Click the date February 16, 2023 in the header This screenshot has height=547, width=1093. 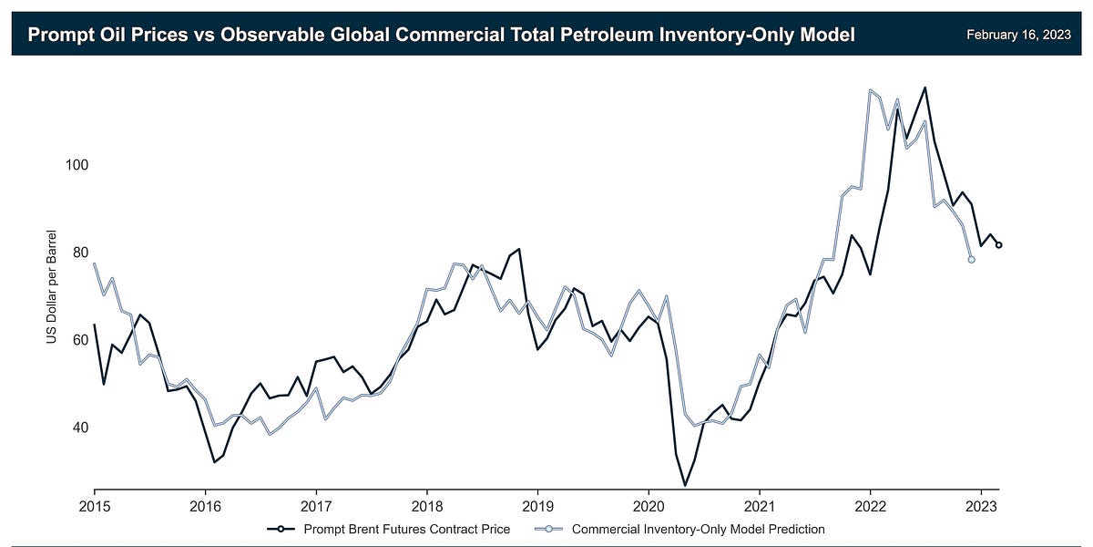click(1017, 36)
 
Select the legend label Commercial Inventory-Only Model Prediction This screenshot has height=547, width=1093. click(698, 528)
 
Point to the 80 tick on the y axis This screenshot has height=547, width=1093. click(77, 253)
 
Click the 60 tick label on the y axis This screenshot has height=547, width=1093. click(77, 340)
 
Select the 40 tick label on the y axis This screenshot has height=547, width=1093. click(77, 428)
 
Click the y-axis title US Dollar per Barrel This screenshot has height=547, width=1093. click(52, 287)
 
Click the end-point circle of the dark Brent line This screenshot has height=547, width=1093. click(999, 245)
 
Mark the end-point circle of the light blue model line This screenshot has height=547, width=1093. click(971, 260)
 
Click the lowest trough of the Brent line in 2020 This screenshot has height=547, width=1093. click(685, 485)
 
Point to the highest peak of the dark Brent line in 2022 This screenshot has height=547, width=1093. click(925, 88)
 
